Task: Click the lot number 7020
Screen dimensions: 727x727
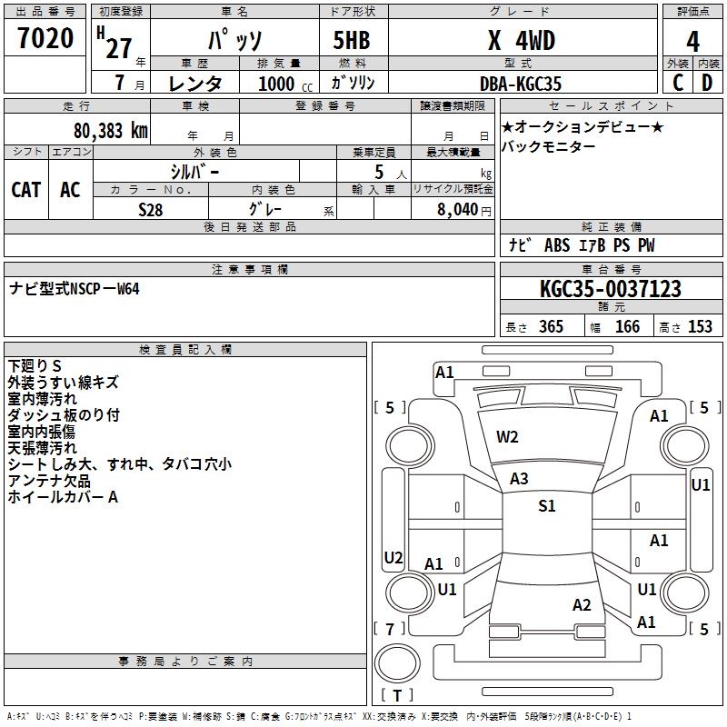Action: click(x=45, y=39)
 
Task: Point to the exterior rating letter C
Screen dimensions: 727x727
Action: click(x=678, y=83)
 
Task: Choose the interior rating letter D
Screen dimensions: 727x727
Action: click(x=707, y=83)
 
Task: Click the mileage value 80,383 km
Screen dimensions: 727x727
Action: click(x=106, y=130)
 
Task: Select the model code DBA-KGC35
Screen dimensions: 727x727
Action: click(x=521, y=84)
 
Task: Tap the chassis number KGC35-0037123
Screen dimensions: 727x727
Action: click(x=610, y=289)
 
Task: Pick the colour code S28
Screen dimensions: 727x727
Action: click(x=151, y=208)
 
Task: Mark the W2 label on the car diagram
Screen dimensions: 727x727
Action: click(x=507, y=437)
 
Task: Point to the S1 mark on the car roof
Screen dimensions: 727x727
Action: click(x=546, y=506)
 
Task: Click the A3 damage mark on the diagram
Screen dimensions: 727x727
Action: click(x=519, y=479)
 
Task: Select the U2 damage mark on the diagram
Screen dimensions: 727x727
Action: click(x=393, y=557)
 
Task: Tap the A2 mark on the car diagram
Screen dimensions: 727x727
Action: click(x=583, y=605)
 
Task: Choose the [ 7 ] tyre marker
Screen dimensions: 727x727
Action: click(x=390, y=629)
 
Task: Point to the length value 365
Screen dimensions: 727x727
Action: click(x=550, y=327)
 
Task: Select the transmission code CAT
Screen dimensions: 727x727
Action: click(x=25, y=189)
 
